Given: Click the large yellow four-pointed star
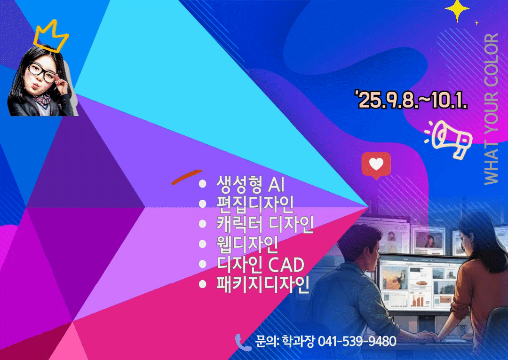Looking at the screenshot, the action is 457,10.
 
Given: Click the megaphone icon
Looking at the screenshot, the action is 449,139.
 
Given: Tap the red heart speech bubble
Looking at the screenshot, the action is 376,165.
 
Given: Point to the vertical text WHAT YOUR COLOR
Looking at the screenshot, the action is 491,109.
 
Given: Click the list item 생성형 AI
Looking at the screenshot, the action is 250,184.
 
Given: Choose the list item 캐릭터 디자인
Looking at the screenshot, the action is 265,224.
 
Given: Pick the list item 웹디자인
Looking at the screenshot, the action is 247,244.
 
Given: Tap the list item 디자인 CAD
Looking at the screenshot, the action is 261,264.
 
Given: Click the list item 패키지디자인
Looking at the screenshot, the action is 263,284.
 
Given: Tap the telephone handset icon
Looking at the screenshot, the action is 243,343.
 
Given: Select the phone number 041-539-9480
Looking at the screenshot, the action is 357,341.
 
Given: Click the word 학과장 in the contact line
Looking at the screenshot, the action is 298,341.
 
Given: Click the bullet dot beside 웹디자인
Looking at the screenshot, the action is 202,244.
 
